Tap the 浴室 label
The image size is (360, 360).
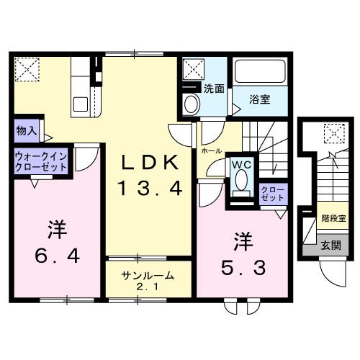tap(260, 99)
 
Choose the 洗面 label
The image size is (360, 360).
tap(214, 90)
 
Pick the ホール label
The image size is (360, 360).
tap(211, 152)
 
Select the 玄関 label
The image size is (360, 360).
tap(332, 246)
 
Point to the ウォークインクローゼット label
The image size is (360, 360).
tap(40, 161)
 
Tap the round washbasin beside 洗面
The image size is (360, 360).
tap(191, 104)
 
